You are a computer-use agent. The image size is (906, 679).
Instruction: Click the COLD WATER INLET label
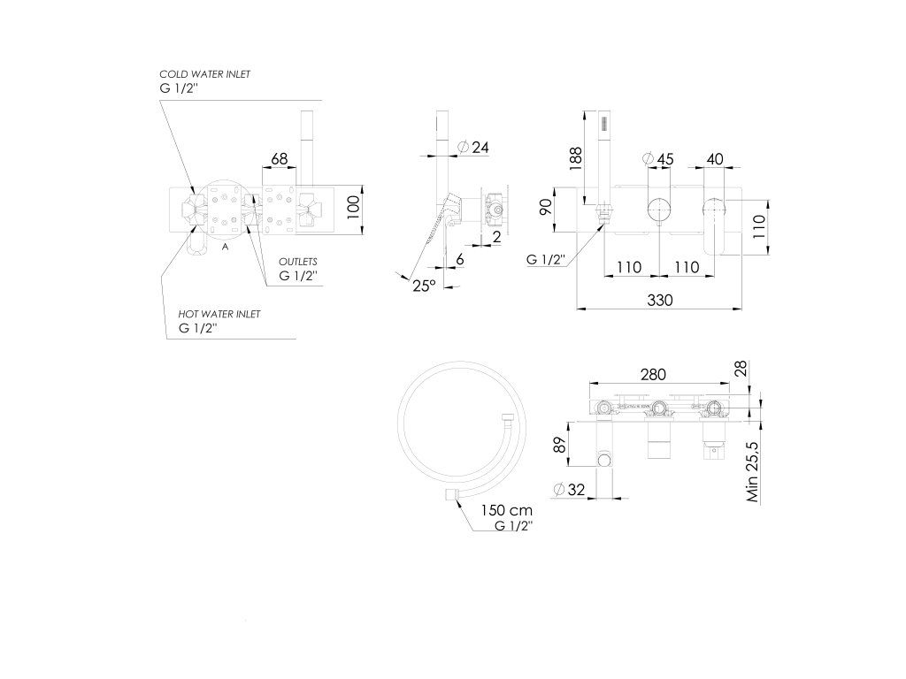(x=204, y=74)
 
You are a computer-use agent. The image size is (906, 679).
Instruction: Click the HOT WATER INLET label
(x=219, y=314)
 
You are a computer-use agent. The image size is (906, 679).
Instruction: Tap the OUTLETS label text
(x=298, y=263)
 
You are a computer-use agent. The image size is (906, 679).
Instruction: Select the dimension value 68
(x=280, y=159)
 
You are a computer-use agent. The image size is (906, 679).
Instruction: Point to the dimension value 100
(x=353, y=208)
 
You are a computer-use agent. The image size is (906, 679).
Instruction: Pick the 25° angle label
(x=424, y=285)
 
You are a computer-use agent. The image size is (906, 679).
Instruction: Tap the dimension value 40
(x=715, y=159)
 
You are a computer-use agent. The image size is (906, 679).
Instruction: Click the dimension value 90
(x=546, y=209)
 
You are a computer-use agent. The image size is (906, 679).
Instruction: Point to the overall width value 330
(x=659, y=301)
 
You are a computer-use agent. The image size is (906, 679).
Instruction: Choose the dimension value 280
(x=653, y=375)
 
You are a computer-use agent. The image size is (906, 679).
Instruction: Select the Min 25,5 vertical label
(x=753, y=473)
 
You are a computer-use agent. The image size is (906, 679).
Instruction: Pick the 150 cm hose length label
(x=506, y=510)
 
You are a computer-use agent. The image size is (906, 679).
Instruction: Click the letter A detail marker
(x=226, y=248)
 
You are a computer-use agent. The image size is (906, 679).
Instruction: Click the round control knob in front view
(x=658, y=210)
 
